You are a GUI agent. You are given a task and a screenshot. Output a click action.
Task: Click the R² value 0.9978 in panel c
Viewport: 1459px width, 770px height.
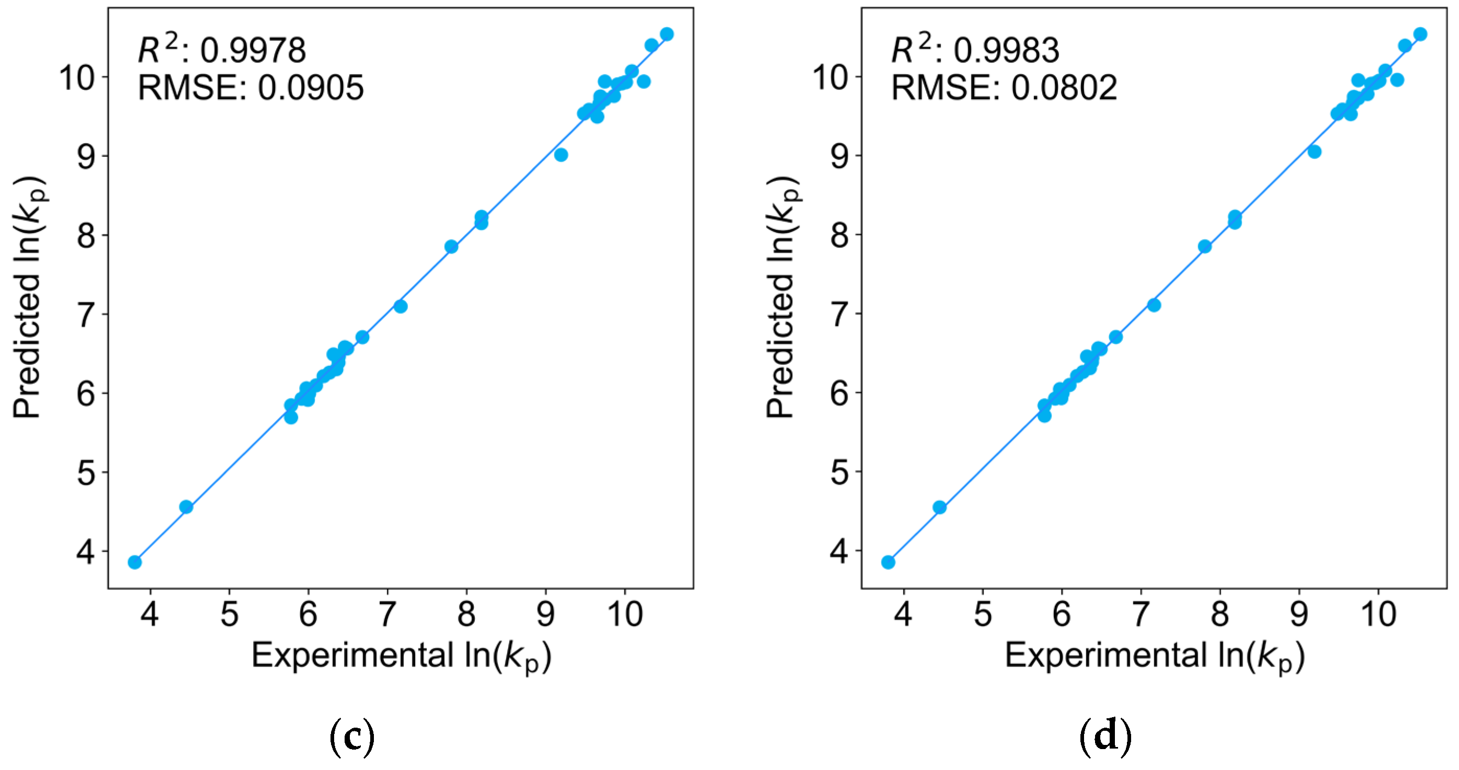click(253, 50)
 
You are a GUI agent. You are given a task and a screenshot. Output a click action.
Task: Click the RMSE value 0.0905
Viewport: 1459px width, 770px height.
click(311, 88)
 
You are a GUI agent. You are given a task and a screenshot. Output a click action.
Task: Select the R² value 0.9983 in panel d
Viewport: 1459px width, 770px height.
click(1006, 50)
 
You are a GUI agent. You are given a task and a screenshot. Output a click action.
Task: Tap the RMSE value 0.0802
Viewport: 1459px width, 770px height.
click(1064, 88)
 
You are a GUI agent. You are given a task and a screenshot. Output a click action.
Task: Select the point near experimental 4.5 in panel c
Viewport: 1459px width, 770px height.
click(186, 507)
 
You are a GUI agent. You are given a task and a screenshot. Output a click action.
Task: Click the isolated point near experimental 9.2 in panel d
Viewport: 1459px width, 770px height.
click(1315, 152)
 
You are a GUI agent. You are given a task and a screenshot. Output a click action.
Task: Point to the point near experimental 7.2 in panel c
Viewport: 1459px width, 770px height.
click(401, 306)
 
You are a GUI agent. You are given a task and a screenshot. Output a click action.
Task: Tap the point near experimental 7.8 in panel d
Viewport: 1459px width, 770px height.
click(1205, 246)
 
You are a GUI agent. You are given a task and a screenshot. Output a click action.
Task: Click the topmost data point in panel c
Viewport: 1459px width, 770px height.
click(667, 34)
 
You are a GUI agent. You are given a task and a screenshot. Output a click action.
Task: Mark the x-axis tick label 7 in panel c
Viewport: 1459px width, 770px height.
click(387, 614)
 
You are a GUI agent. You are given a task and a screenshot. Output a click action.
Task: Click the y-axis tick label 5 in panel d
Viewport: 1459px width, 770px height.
click(840, 472)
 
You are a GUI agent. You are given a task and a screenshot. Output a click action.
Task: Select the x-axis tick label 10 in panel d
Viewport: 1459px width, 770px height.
click(1377, 614)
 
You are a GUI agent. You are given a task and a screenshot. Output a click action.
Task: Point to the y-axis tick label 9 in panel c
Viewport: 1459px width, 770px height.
click(86, 156)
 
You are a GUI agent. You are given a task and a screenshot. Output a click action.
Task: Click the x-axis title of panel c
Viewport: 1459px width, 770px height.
click(401, 656)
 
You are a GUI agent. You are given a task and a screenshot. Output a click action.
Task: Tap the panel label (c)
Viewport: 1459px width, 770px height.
click(352, 737)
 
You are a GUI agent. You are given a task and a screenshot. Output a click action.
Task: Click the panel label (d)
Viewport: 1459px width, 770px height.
click(1105, 737)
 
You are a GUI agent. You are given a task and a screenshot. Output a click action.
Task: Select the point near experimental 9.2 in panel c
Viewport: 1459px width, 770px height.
click(561, 155)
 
